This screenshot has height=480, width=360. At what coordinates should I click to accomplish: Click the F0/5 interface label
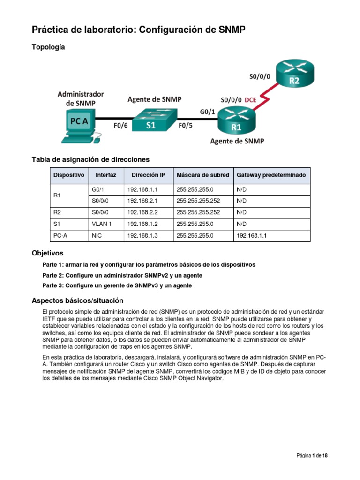click(x=185, y=126)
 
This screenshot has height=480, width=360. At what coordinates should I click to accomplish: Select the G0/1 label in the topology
click(x=208, y=111)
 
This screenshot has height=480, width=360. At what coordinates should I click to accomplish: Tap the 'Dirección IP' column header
click(x=148, y=175)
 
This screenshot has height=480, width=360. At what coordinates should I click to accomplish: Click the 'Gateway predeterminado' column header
click(x=271, y=175)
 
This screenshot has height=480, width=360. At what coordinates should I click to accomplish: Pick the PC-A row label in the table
click(x=61, y=236)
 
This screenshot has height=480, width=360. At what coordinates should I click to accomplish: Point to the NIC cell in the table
click(x=98, y=236)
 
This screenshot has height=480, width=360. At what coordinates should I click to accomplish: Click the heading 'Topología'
click(x=48, y=47)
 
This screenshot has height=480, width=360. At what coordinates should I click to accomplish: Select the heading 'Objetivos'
click(x=47, y=253)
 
